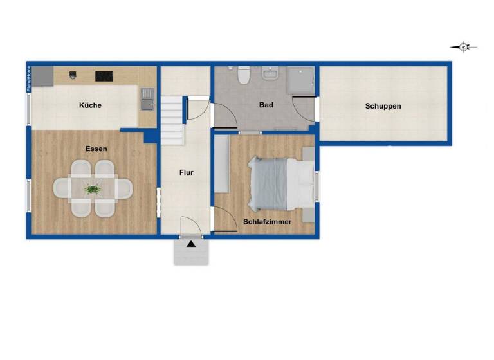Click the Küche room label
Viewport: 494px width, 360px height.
tap(90, 105)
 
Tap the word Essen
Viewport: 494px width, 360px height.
tap(96, 148)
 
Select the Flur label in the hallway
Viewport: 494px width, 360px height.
tap(185, 172)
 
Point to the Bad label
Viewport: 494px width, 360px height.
tap(266, 105)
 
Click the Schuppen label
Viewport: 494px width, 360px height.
tap(383, 106)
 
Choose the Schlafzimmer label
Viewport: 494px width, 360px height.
tap(267, 222)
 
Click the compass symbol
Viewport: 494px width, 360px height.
tap(463, 46)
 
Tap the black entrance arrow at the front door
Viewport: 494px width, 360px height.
tap(191, 244)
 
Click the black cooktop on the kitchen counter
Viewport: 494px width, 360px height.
tap(104, 76)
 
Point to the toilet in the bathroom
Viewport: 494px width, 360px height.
tap(243, 76)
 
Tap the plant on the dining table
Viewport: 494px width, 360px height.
tap(93, 188)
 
